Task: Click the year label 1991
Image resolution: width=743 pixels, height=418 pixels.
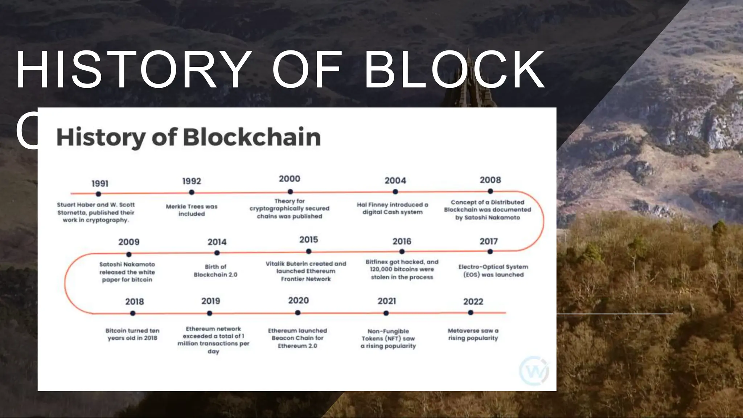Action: click(x=100, y=184)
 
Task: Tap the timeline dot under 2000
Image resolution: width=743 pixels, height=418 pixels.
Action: click(x=290, y=192)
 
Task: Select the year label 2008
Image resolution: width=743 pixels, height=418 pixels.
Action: click(x=490, y=180)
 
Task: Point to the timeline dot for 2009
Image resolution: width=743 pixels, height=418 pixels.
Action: click(x=129, y=254)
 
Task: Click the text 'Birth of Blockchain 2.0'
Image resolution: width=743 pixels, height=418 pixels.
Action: click(x=215, y=271)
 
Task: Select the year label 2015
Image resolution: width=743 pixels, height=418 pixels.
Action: click(x=308, y=240)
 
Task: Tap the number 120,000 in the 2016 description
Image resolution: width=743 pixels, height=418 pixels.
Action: click(x=382, y=269)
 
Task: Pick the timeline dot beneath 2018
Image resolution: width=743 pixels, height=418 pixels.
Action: click(x=133, y=313)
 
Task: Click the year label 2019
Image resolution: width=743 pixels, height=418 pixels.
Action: click(x=211, y=301)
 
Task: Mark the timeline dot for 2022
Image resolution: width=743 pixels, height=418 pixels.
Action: click(x=471, y=312)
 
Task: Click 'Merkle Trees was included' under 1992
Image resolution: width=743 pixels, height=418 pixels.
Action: click(x=192, y=210)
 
